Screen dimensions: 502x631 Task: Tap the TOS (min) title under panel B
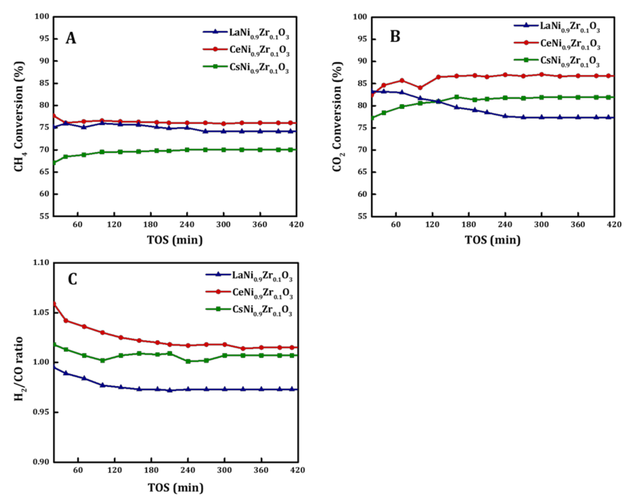(x=493, y=240)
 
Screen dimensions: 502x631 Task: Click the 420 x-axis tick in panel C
(x=298, y=470)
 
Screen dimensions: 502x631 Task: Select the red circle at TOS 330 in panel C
(x=243, y=348)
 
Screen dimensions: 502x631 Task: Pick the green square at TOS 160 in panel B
(x=457, y=97)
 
